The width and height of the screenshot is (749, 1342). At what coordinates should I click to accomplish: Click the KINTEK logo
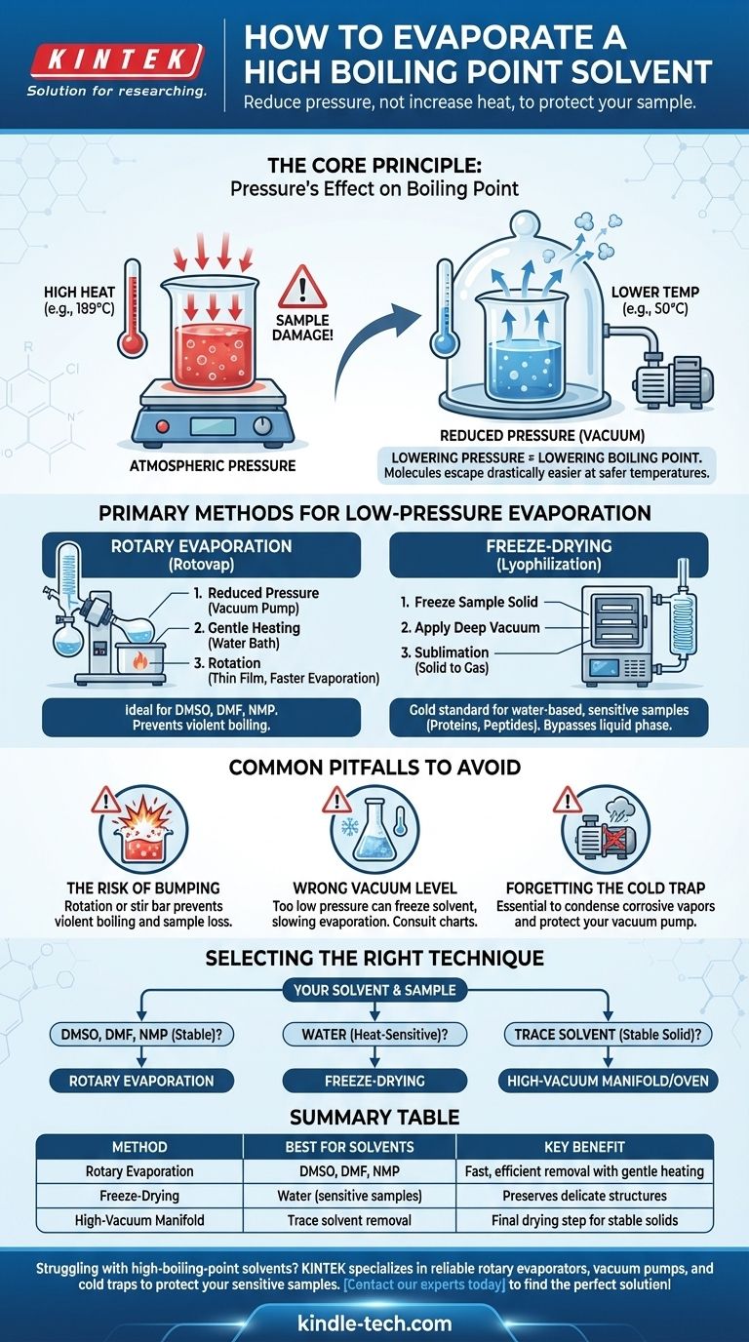(116, 60)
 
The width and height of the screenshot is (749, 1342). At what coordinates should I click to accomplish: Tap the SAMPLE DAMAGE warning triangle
(302, 288)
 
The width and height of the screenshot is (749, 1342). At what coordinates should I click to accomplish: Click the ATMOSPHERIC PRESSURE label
(213, 465)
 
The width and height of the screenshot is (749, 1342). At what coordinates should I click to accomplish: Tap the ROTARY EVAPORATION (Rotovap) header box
(201, 555)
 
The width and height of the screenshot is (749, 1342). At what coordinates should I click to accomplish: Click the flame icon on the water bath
(140, 661)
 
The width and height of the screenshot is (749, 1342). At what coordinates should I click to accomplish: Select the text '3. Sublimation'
(445, 652)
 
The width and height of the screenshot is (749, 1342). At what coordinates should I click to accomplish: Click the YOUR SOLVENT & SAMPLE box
(374, 990)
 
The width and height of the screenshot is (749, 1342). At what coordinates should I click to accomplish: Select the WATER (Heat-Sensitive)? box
(374, 1035)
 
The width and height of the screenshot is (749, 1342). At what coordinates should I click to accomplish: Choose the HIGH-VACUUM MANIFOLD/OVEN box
(608, 1082)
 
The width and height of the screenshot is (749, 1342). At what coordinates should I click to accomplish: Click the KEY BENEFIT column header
(584, 1147)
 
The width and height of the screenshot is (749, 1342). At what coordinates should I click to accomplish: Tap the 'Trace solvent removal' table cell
(349, 1220)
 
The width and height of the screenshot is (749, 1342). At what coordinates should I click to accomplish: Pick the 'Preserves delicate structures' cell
(584, 1196)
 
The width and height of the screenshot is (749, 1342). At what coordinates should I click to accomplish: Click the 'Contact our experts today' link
(425, 1285)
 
